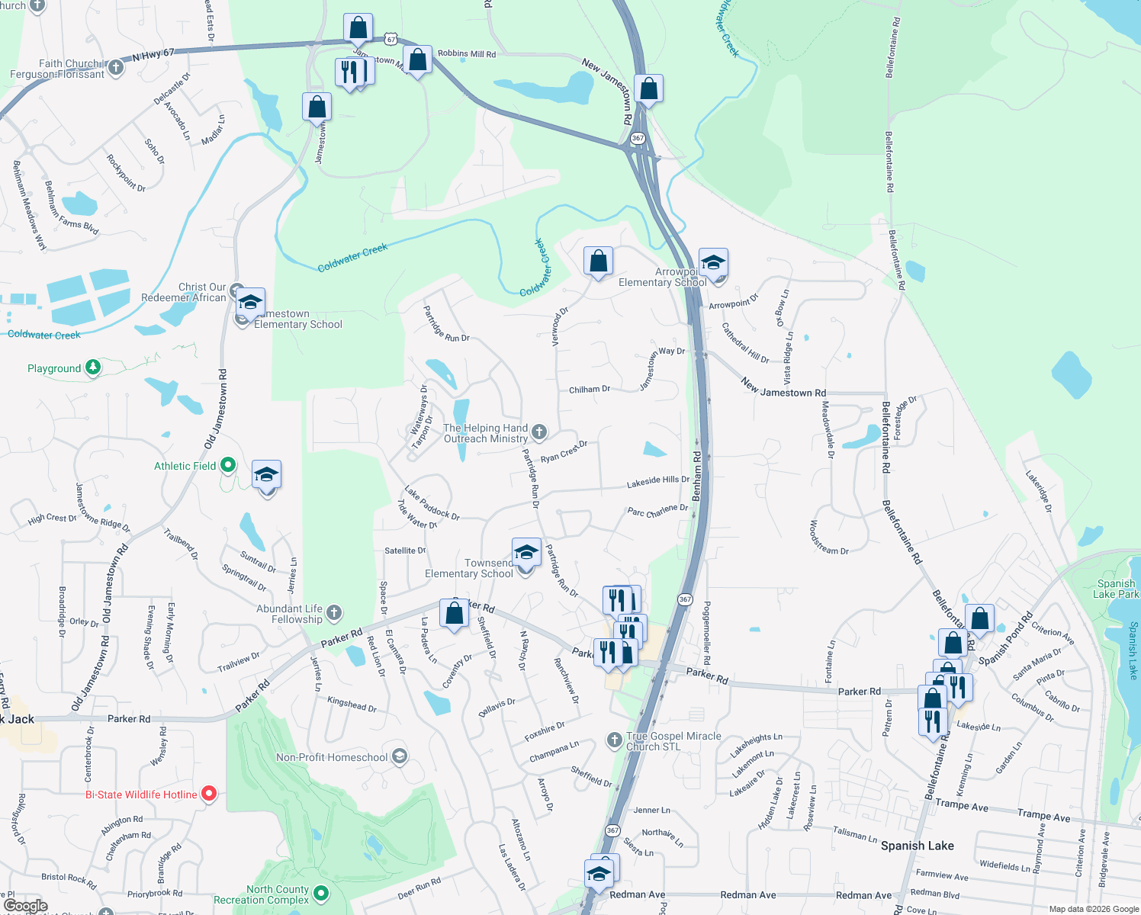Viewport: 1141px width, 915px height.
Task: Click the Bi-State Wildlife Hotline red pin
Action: (x=208, y=795)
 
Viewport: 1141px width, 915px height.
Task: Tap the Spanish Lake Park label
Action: (x=1116, y=589)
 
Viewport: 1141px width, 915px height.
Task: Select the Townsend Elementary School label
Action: (x=469, y=568)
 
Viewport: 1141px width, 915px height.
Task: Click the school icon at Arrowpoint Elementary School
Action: (x=713, y=263)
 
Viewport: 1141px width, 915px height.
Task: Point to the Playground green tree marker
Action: (x=93, y=368)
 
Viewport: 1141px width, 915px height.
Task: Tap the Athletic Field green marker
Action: (x=227, y=465)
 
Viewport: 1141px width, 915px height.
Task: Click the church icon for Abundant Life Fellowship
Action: (x=334, y=613)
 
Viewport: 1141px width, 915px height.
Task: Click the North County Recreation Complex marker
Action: (x=321, y=892)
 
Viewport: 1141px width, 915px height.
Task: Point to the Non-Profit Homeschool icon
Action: (x=400, y=756)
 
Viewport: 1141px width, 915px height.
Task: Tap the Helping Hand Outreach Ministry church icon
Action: (x=539, y=432)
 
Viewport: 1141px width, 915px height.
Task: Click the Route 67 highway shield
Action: (x=391, y=39)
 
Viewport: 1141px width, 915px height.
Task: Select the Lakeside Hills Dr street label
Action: (x=657, y=481)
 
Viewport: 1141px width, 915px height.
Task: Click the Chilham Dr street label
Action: (x=590, y=390)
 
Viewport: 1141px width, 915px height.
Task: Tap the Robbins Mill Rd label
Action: (x=467, y=54)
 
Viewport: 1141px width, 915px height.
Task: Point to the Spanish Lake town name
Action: (x=917, y=846)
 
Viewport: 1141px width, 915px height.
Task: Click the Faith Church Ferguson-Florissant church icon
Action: (x=116, y=68)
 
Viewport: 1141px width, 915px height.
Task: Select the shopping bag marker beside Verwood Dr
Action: (x=599, y=262)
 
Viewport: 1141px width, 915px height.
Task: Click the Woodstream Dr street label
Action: (x=828, y=538)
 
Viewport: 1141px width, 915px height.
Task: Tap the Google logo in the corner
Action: (x=25, y=905)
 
